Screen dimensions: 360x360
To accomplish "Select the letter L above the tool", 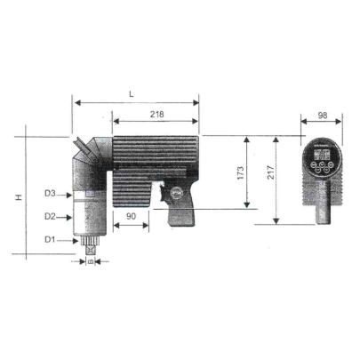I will pos(132,93).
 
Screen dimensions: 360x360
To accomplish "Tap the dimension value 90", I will pos(130,216).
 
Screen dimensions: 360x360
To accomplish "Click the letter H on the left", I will pos(19,196).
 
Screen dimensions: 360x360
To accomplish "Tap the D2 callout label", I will pos(51,216).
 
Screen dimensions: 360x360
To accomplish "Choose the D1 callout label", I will pos(51,239).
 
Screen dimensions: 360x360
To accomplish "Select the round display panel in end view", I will pos(321,164).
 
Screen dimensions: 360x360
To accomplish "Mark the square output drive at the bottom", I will pos(90,250).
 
